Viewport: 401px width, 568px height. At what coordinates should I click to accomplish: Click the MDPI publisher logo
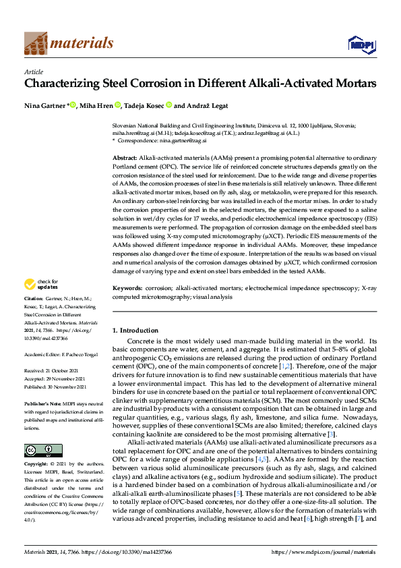[x=357, y=45]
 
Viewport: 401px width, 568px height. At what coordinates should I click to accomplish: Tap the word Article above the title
[x=34, y=72]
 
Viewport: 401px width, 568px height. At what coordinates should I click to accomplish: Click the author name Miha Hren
[x=97, y=105]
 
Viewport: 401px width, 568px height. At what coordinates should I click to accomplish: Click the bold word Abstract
[x=125, y=157]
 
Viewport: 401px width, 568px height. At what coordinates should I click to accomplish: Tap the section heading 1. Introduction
[x=134, y=330]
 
